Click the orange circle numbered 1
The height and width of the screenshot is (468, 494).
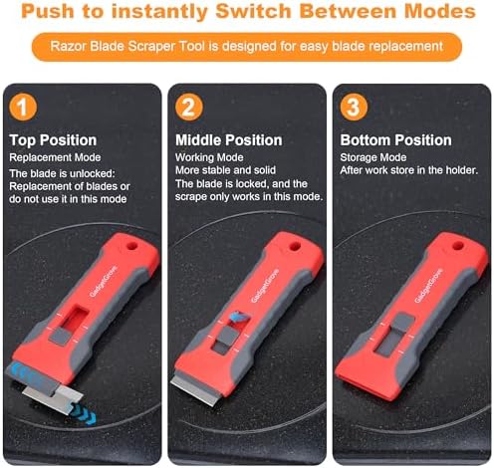click(x=23, y=108)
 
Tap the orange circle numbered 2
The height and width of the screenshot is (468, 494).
click(x=189, y=108)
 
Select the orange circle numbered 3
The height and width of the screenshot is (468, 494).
click(x=354, y=108)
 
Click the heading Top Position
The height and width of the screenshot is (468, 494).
click(x=53, y=140)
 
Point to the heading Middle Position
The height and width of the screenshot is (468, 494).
click(x=229, y=140)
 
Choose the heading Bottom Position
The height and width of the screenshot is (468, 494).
click(x=395, y=140)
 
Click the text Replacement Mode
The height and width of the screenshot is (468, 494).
click(x=55, y=157)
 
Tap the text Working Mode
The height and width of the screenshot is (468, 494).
click(x=209, y=157)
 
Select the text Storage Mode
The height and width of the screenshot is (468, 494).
click(x=373, y=157)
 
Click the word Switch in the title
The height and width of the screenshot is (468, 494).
click(x=254, y=11)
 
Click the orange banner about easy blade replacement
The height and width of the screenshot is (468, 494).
click(x=247, y=47)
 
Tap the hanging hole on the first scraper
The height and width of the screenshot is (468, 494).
click(x=131, y=246)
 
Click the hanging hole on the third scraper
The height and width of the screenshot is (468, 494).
click(x=458, y=246)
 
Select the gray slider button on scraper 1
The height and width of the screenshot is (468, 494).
click(x=60, y=336)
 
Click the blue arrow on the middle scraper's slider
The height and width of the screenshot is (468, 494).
click(x=239, y=317)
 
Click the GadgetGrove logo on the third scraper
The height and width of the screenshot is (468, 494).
click(x=428, y=286)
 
